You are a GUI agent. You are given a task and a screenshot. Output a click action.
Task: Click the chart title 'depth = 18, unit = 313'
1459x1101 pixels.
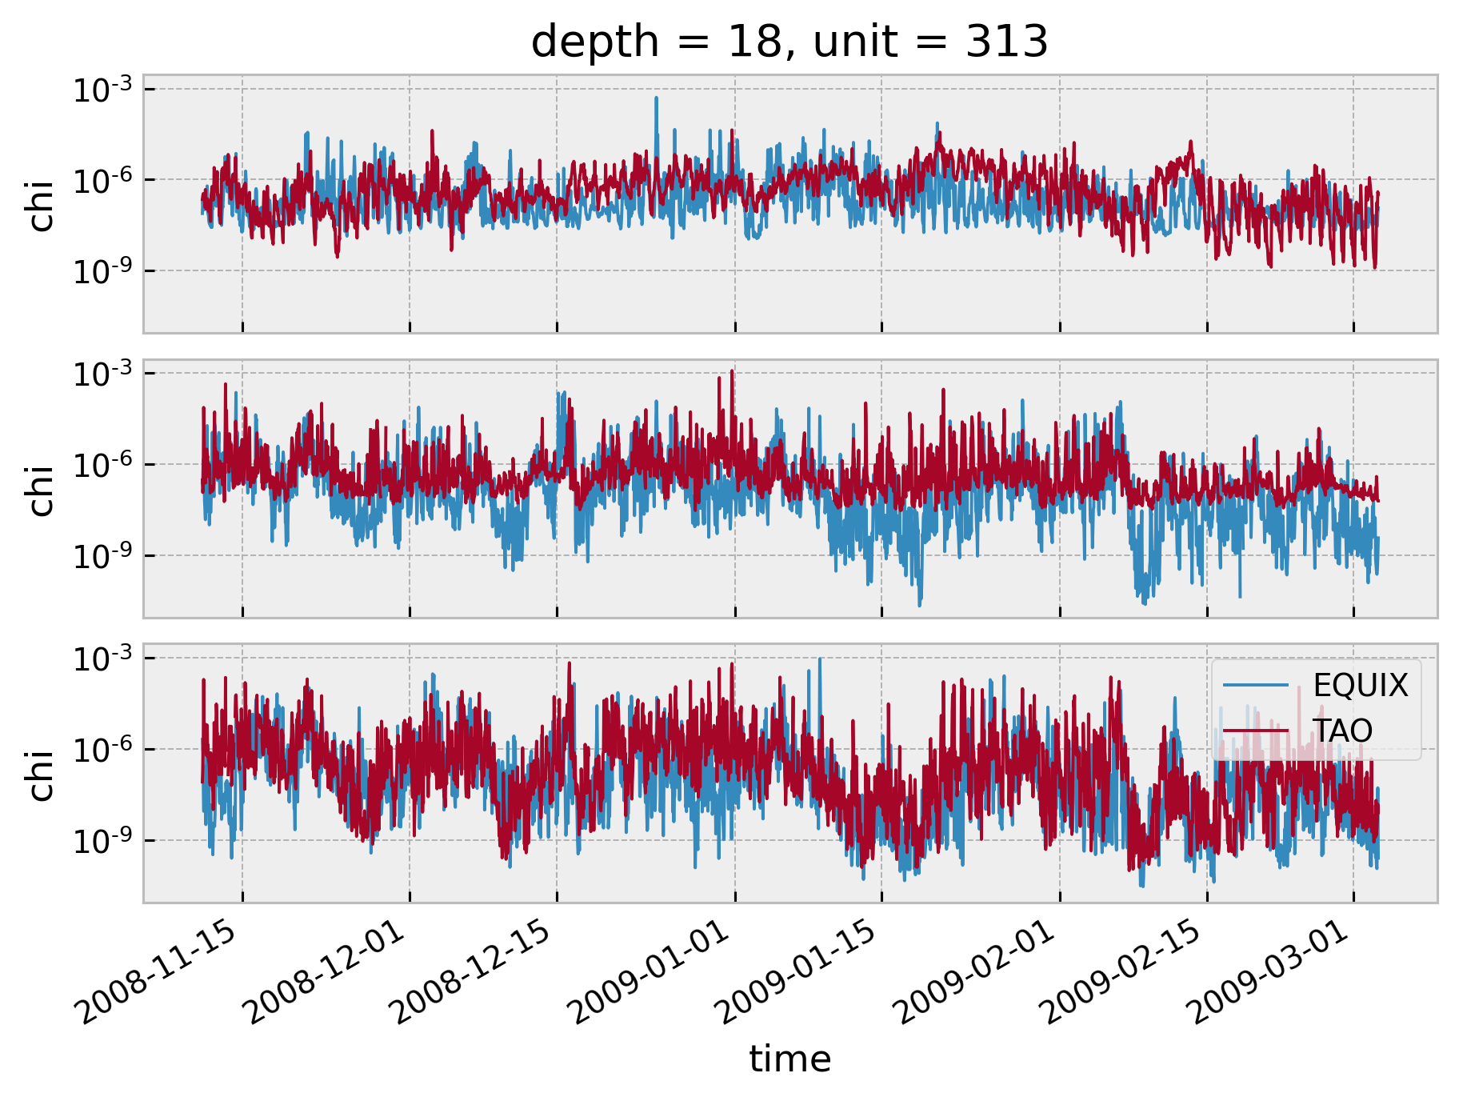click(x=789, y=42)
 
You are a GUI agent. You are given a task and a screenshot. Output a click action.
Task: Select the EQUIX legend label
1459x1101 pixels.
click(x=1361, y=686)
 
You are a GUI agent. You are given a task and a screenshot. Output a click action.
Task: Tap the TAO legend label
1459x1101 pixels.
click(x=1343, y=731)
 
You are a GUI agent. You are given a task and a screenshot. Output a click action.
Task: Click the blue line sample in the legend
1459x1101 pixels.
click(x=1256, y=686)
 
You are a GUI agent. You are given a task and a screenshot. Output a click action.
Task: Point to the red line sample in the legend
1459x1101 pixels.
click(x=1256, y=731)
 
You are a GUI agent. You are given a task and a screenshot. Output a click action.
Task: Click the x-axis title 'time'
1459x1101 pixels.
click(x=790, y=1059)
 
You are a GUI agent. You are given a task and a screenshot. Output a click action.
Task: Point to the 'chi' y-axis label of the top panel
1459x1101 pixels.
click(x=40, y=206)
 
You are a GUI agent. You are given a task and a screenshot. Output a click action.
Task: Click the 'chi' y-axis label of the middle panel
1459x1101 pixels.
click(x=40, y=490)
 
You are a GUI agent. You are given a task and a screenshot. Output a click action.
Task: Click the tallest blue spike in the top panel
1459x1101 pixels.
click(x=657, y=99)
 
